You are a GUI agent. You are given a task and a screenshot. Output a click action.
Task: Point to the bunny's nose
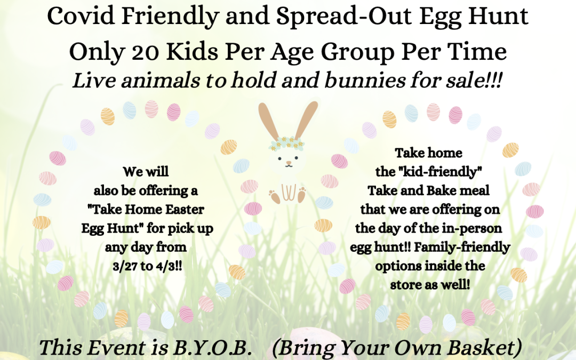click(289, 162)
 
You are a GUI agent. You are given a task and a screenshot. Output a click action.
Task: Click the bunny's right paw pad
click(302, 195)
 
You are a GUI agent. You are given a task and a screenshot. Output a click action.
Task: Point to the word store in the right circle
click(404, 285)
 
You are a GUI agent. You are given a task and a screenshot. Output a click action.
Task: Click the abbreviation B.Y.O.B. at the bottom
click(212, 348)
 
